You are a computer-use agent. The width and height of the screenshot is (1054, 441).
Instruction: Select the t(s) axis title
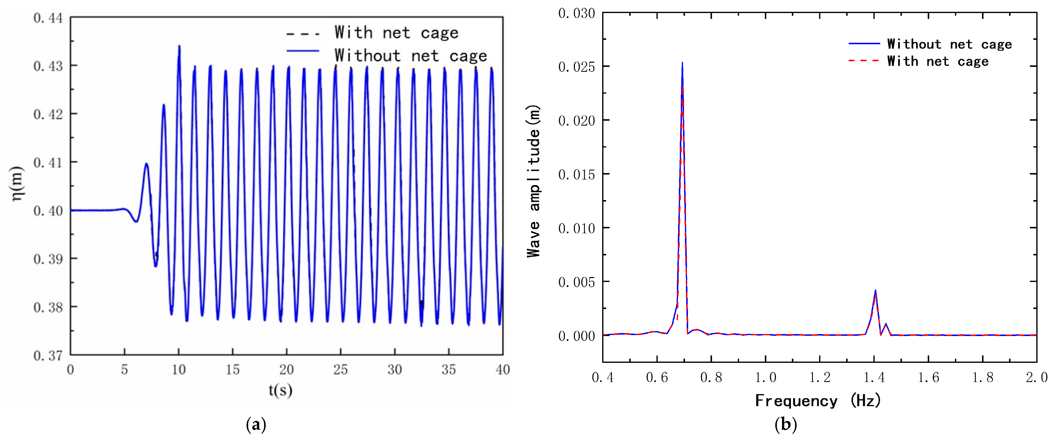(x=281, y=390)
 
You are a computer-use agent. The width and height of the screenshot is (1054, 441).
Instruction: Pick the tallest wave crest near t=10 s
(x=179, y=46)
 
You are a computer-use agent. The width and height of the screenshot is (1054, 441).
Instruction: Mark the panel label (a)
(x=256, y=425)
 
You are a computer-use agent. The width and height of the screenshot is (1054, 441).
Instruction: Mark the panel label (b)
(x=786, y=425)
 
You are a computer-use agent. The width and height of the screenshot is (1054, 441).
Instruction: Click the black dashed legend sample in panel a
(x=303, y=34)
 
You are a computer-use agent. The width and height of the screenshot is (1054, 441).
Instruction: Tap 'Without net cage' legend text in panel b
(x=949, y=44)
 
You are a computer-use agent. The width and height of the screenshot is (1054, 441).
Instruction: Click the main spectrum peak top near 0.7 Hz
(x=682, y=63)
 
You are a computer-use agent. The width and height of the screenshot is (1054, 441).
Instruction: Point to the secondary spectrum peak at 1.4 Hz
(x=875, y=291)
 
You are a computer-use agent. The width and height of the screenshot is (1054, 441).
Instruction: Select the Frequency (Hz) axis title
(x=817, y=400)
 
